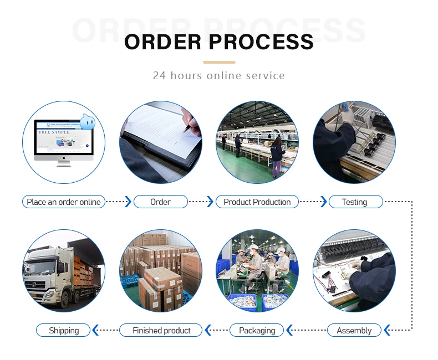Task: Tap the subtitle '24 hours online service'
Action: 219,75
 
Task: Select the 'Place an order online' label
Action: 64,202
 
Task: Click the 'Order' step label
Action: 161,202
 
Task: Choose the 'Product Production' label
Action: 257,202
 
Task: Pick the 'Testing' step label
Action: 355,202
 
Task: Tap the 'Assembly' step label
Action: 354,331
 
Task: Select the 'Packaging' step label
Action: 257,331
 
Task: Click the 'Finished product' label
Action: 161,331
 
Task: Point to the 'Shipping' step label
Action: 64,331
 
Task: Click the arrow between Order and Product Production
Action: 210,202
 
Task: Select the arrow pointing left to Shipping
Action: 95,331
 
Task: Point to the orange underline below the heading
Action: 219,62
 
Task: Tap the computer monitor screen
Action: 63,137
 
